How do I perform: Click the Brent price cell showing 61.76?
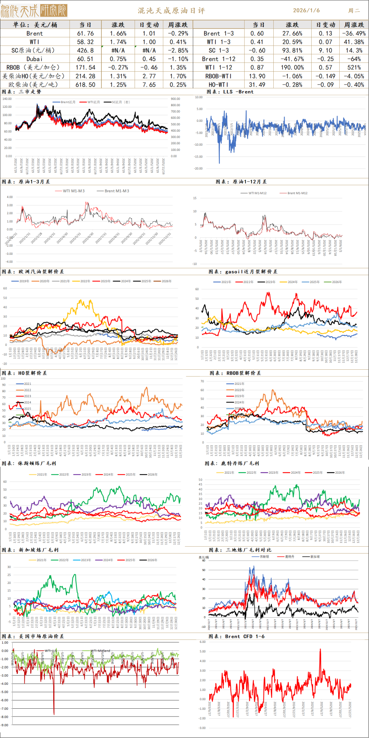[85, 33]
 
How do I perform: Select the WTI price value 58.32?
[85, 42]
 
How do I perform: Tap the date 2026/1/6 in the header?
[306, 10]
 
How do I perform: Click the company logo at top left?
[34, 11]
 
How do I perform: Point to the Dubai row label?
[35, 59]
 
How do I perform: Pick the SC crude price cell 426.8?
[85, 50]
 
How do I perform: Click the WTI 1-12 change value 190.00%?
[292, 68]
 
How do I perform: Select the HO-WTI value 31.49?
[257, 85]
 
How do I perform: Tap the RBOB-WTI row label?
[218, 76]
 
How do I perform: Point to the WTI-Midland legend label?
[100, 651]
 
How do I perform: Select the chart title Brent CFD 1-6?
[245, 636]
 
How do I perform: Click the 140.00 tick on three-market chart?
[7, 99]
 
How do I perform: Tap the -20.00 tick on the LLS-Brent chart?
[199, 168]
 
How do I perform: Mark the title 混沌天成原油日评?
[172, 11]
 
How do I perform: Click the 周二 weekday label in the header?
[354, 11]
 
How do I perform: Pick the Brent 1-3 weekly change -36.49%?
[354, 33]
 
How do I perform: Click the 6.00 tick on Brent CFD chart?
[203, 642]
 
